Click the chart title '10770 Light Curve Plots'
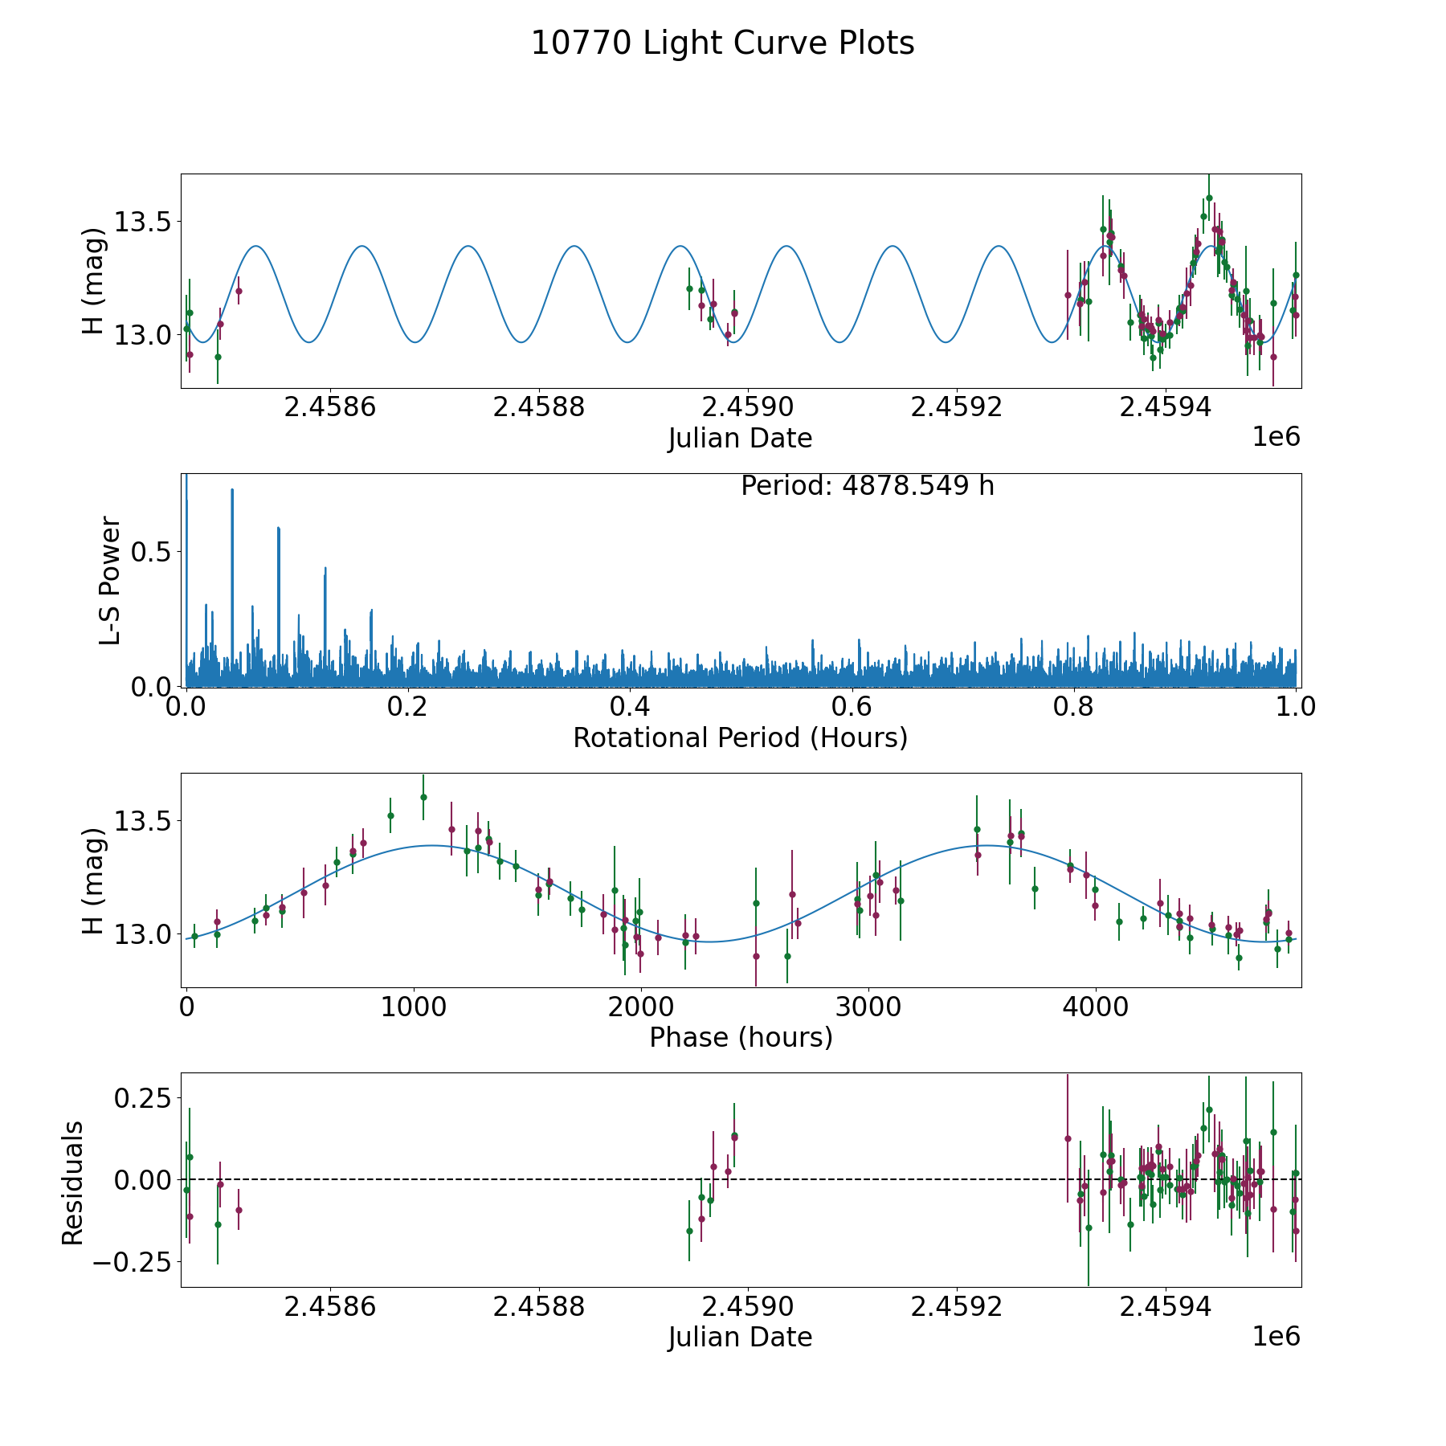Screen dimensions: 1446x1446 722,43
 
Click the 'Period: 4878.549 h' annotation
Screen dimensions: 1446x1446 867,486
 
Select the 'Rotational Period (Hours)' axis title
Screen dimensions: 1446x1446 740,737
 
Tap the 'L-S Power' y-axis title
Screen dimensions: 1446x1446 110,581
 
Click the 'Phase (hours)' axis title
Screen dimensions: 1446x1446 741,1037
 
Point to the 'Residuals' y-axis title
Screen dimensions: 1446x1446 73,1183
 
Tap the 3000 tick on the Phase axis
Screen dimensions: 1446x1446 868,1007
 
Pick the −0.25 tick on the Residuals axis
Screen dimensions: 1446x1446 131,1262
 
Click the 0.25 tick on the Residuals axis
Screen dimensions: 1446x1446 141,1097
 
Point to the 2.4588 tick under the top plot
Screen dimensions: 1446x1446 538,407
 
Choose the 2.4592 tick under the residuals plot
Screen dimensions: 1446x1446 957,1307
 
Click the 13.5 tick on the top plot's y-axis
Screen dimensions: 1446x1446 141,222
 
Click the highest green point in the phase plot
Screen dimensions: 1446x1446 423,797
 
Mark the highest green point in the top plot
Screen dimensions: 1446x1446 1209,198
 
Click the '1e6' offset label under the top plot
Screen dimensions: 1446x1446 1276,437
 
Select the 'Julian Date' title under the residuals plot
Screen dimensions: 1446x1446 740,1338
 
